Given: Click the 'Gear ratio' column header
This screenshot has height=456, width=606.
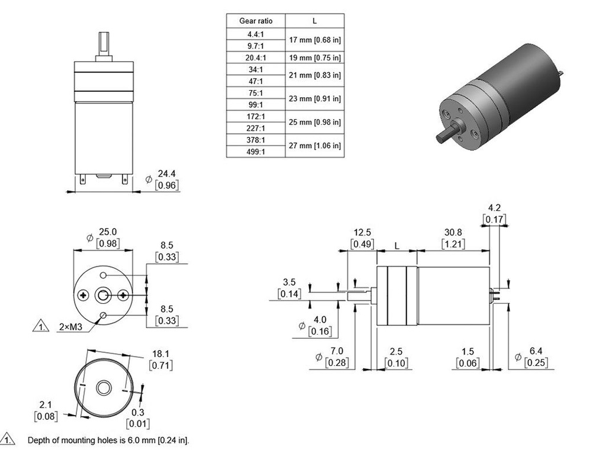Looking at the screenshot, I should [256, 21].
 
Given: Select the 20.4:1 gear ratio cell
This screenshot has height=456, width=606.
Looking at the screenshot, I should [256, 57].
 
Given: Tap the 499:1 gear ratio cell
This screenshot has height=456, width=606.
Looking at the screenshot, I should [256, 152].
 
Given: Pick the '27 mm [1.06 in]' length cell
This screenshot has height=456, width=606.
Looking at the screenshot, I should [314, 146].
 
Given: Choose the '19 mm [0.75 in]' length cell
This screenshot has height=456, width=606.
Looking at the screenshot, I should [314, 57].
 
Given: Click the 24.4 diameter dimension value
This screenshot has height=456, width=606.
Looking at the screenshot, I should [167, 174].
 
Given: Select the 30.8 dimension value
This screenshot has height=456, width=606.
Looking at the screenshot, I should [453, 232].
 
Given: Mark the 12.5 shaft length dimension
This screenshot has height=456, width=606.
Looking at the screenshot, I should [362, 232].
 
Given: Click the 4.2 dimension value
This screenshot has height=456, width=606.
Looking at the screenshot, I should [495, 208].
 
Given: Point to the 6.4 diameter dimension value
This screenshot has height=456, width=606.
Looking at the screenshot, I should [535, 352].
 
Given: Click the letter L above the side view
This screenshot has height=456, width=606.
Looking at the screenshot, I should [397, 245].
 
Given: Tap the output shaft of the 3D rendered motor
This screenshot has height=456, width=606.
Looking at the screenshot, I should [445, 134].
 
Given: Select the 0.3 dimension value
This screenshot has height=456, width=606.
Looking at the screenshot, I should [137, 412].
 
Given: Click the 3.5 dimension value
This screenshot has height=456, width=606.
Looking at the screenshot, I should [289, 282].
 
